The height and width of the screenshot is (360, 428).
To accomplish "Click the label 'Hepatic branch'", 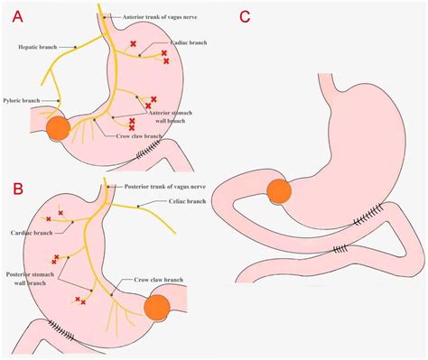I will [36, 46].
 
